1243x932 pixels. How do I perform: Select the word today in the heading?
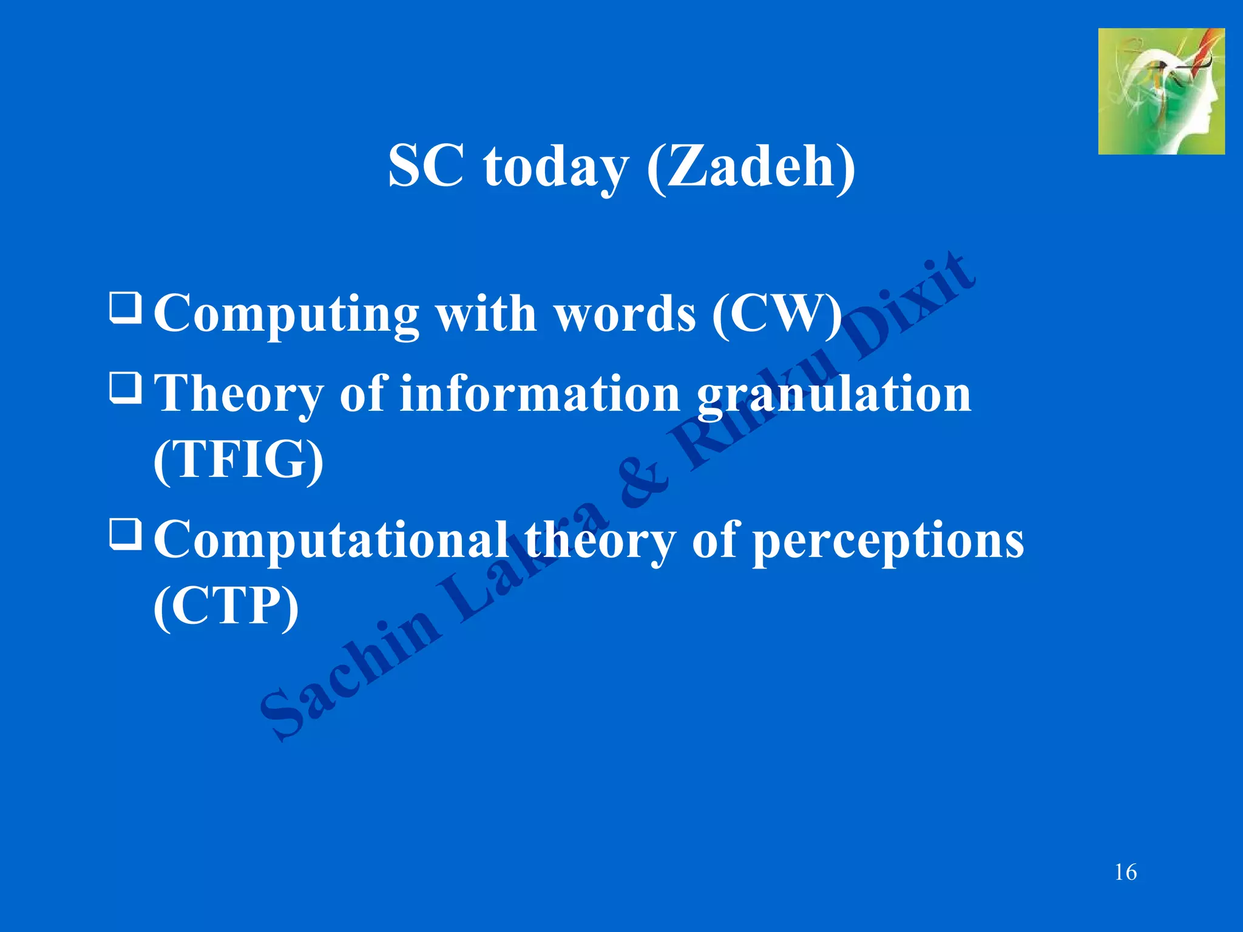click(555, 169)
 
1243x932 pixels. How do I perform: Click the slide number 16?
click(1125, 873)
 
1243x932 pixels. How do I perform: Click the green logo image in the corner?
click(1160, 91)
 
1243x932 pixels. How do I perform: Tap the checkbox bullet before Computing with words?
click(126, 308)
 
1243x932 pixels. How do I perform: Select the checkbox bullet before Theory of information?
click(126, 388)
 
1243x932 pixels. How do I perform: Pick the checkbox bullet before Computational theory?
click(126, 534)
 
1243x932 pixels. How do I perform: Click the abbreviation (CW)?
click(777, 314)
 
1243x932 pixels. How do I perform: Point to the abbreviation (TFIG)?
click(238, 459)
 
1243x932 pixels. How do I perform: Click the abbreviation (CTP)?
click(226, 605)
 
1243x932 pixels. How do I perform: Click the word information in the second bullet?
click(540, 394)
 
